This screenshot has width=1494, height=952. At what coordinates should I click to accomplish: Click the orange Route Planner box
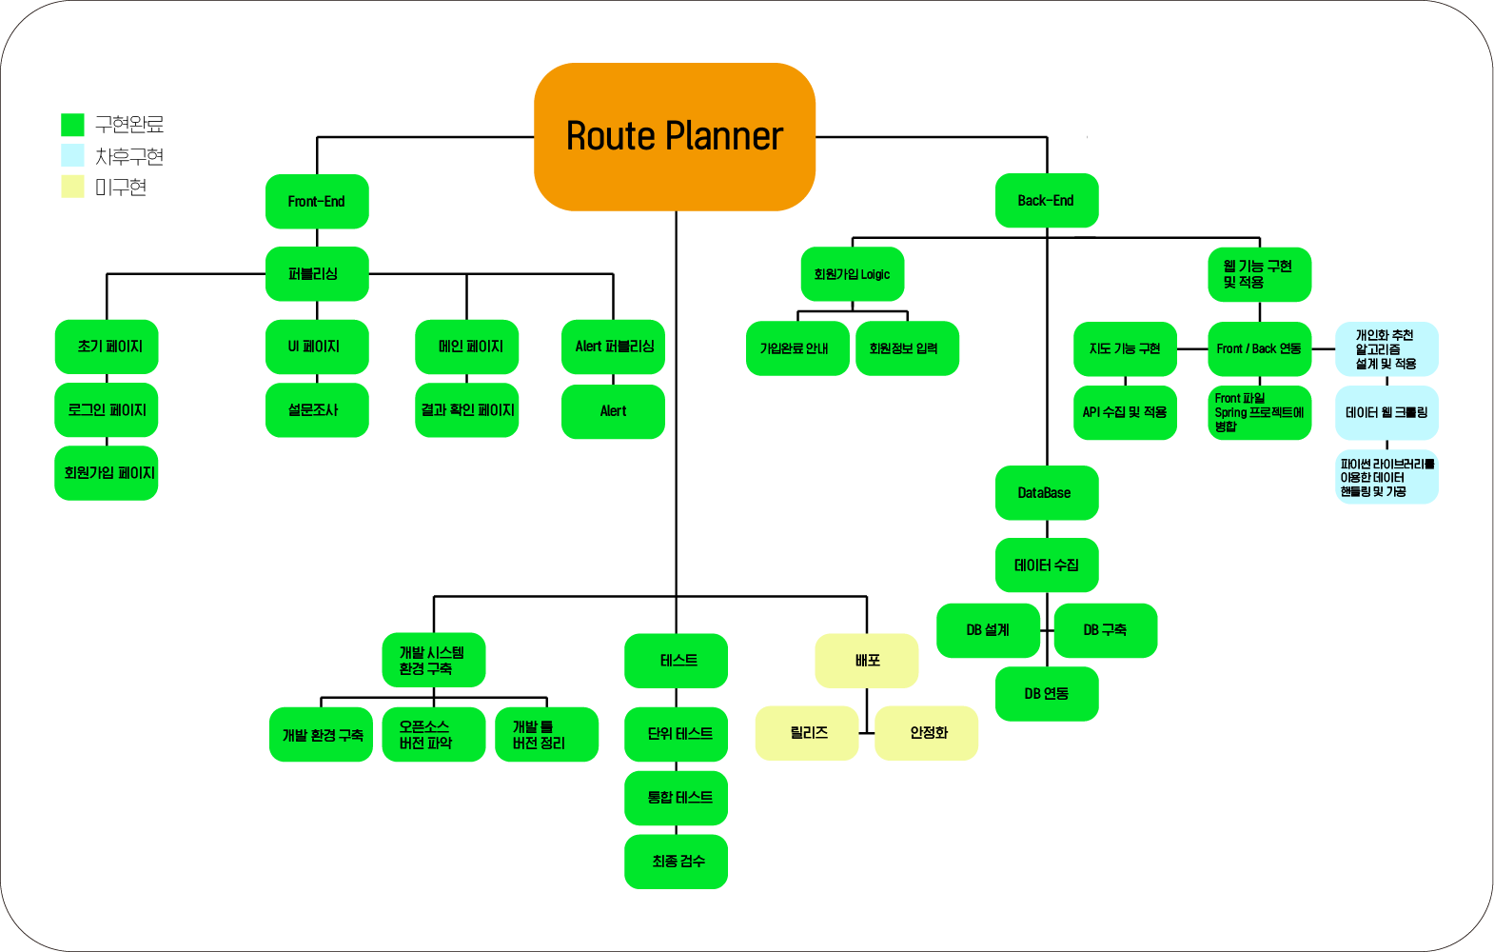point(674,136)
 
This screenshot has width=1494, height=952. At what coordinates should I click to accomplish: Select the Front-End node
point(317,202)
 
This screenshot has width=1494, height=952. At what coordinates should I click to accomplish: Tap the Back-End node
point(1046,201)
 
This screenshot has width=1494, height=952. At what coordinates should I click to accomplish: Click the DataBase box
point(1046,493)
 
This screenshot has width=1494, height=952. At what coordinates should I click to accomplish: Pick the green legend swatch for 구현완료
point(72,125)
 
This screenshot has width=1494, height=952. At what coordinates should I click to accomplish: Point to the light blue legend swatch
point(72,155)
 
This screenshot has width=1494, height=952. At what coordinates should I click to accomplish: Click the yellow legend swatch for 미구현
point(72,187)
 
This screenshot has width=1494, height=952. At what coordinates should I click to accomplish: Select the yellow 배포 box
point(866,661)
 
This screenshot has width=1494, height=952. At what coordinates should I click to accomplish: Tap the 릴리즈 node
point(807,733)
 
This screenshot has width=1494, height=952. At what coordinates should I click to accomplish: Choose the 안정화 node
point(926,733)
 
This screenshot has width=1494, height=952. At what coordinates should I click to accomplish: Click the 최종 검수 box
point(676,862)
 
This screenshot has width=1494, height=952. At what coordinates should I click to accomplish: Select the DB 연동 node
point(1046,694)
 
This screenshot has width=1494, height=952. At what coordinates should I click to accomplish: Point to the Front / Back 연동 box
point(1259,349)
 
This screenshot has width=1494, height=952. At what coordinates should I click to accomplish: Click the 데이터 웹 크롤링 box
point(1386,413)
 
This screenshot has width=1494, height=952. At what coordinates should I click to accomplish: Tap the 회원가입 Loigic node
point(852,274)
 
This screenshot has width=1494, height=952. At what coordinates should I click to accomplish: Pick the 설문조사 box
point(317,410)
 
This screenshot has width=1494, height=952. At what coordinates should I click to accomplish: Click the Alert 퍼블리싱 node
point(613,347)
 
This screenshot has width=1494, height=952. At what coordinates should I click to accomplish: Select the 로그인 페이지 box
point(107,410)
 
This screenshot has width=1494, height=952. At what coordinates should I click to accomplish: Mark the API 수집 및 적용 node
point(1125,413)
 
